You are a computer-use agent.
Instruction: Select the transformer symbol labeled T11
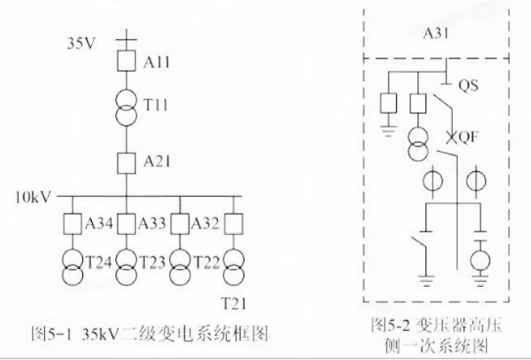tap(126, 108)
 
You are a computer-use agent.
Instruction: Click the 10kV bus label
tap(33, 197)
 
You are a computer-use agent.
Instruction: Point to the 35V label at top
tap(81, 44)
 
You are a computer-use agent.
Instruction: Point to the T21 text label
tap(233, 303)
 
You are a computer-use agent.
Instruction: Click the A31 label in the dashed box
tap(436, 33)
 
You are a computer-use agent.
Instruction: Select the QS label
tap(468, 85)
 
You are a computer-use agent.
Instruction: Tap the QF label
tap(466, 137)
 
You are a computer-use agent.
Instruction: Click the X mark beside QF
tap(450, 137)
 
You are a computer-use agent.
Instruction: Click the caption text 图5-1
tap(51, 334)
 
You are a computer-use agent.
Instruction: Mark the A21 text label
tap(157, 162)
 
